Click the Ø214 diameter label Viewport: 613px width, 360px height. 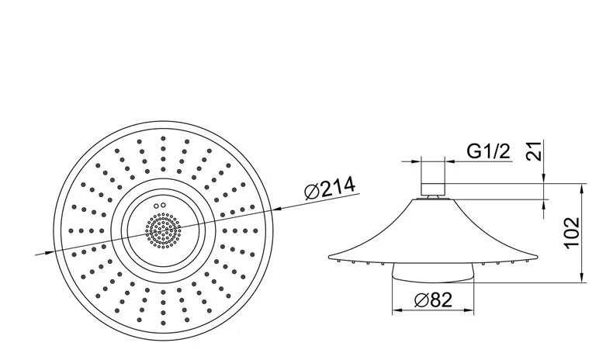point(330,188)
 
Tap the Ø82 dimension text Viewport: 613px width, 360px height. point(433,300)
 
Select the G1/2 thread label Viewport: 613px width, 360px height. point(489,151)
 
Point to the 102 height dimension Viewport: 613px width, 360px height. point(572,232)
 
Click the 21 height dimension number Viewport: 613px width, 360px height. point(534,151)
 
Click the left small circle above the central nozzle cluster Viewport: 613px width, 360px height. point(157,206)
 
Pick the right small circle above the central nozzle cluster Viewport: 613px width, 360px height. point(163,205)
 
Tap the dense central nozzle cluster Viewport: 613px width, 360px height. point(164,230)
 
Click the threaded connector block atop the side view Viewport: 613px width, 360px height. point(433,189)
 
